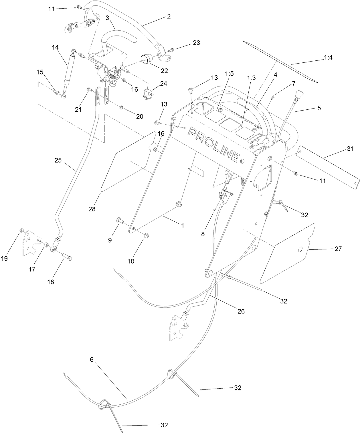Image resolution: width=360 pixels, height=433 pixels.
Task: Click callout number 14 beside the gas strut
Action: tap(55, 47)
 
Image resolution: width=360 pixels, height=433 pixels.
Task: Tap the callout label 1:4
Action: tap(328, 58)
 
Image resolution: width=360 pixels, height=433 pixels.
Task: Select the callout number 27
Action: tap(338, 249)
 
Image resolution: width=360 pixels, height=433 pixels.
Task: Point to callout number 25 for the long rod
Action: tap(58, 160)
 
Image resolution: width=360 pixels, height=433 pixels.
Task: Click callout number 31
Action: tap(350, 149)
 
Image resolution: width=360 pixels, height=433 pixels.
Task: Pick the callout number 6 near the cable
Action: tap(92, 360)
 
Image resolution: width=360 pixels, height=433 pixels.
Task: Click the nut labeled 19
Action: tap(21, 231)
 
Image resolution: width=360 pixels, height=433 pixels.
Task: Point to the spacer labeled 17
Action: tap(46, 245)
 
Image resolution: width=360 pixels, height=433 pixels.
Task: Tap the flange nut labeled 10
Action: tap(146, 235)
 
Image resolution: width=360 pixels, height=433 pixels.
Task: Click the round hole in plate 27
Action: tap(300, 250)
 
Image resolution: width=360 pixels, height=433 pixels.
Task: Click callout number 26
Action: tap(241, 311)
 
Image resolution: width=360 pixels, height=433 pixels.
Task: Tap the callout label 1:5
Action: tap(229, 74)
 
